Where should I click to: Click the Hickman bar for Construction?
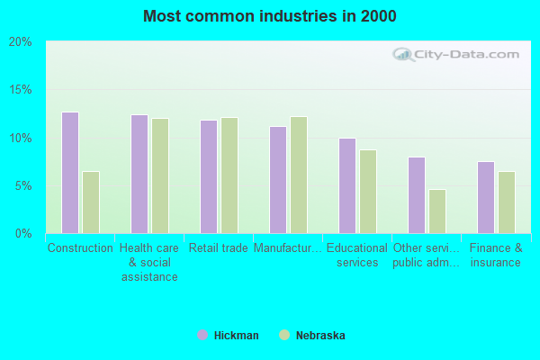(70, 173)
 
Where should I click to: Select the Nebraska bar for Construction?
(91, 202)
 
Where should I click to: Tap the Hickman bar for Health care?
(139, 174)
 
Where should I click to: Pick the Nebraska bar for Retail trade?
(229, 175)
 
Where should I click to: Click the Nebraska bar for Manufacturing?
(299, 175)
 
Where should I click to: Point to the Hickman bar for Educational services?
(347, 185)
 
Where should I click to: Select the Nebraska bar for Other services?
(437, 211)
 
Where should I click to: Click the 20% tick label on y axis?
(21, 42)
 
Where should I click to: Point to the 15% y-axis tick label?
(21, 90)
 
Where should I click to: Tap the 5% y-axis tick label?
(23, 186)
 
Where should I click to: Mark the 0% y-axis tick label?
(23, 234)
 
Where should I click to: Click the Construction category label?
(80, 248)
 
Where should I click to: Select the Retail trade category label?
(219, 248)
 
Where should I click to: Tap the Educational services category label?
(357, 255)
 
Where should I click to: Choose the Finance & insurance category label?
(496, 255)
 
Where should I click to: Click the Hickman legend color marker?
(202, 336)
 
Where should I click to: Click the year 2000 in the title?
(379, 16)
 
